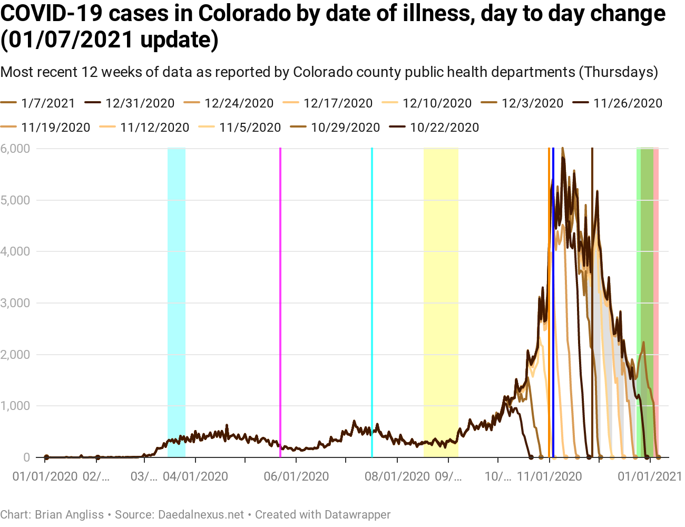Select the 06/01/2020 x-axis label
[296, 476]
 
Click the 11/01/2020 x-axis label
[550, 476]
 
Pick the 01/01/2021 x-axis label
[650, 476]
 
